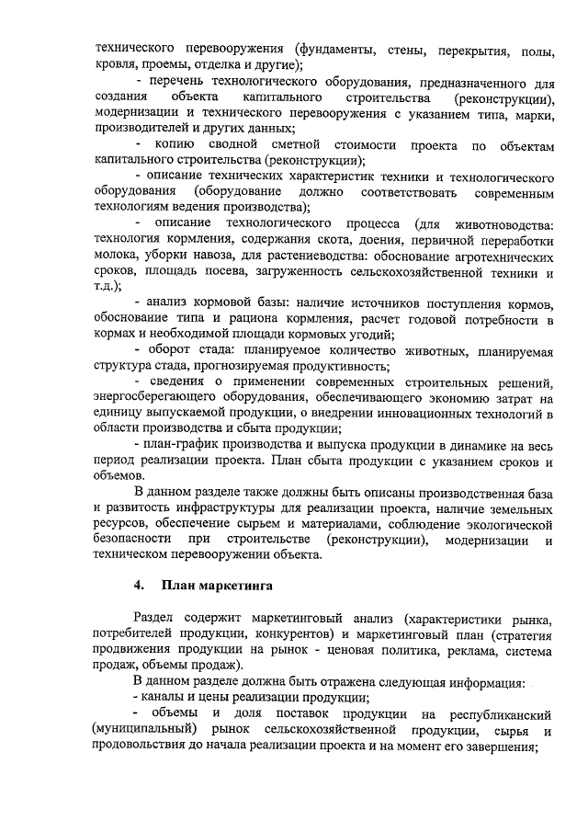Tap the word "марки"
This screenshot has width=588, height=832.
(x=534, y=114)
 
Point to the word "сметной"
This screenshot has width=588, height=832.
(x=292, y=148)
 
